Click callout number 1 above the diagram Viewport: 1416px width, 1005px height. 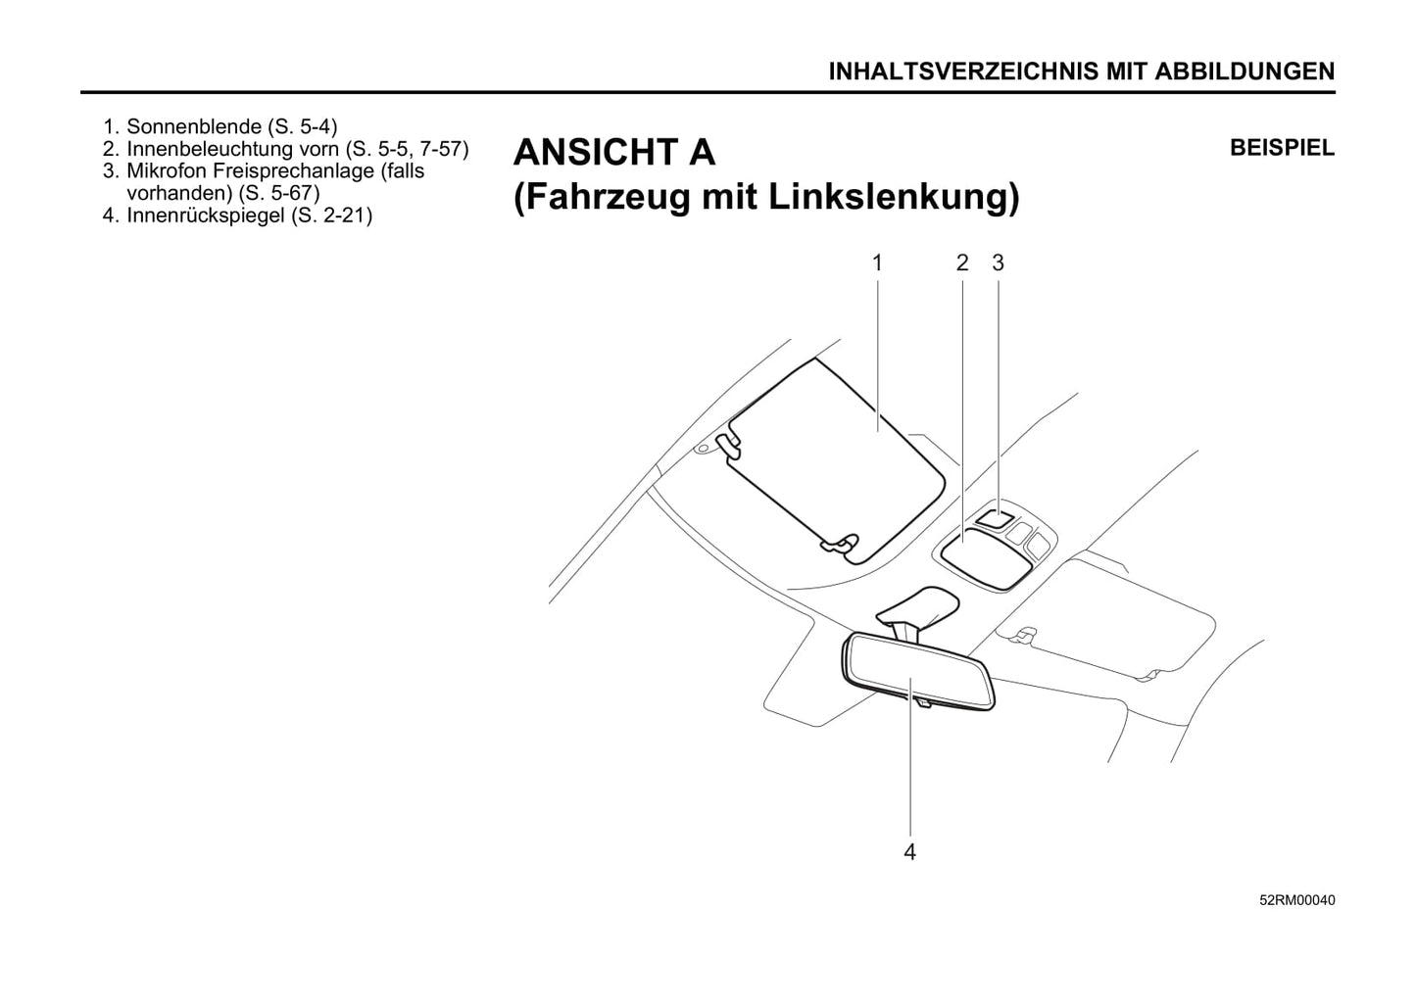pyautogui.click(x=877, y=263)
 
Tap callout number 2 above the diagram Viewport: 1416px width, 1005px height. pyautogui.click(x=962, y=263)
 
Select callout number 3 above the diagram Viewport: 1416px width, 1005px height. pyautogui.click(x=999, y=263)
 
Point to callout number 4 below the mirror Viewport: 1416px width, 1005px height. pyautogui.click(x=909, y=852)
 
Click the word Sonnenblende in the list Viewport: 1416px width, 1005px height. pyautogui.click(x=194, y=126)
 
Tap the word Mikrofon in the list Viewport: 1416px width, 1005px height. pyautogui.click(x=167, y=171)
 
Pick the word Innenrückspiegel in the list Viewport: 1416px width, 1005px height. pyautogui.click(x=206, y=215)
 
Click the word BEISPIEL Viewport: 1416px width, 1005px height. pyautogui.click(x=1282, y=148)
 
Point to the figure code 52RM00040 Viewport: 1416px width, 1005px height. pyautogui.click(x=1297, y=900)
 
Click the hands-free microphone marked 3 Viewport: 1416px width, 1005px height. pyautogui.click(x=996, y=519)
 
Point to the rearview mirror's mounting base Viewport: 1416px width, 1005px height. pyautogui.click(x=918, y=607)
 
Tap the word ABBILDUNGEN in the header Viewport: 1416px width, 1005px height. pyautogui.click(x=1245, y=72)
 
